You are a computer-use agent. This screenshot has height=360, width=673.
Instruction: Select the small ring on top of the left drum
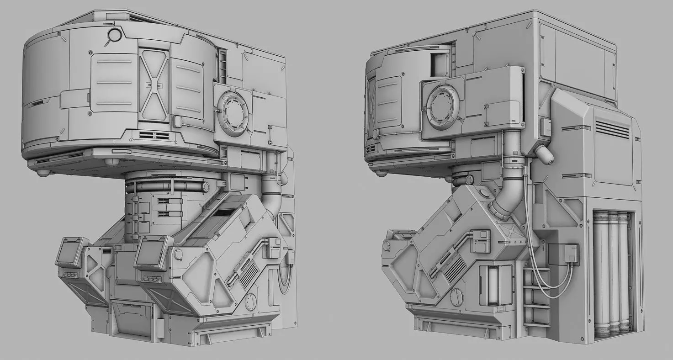pos(114,35)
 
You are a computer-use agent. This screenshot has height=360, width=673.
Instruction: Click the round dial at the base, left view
pos(250,302)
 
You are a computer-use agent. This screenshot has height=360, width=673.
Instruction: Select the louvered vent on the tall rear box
pos(612,130)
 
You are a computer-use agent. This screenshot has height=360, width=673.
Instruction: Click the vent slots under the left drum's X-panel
pos(154,135)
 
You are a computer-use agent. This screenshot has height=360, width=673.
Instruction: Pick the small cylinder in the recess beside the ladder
pos(493,286)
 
